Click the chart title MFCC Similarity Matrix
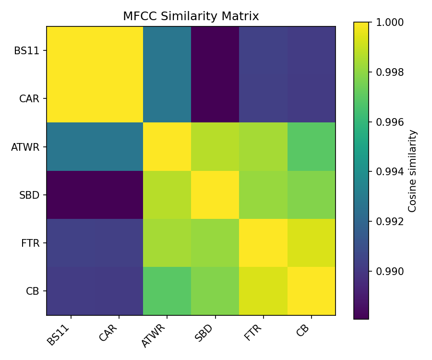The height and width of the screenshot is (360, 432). [x=191, y=16]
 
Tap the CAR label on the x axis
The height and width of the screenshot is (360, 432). [x=108, y=331]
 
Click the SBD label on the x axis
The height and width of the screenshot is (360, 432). [x=204, y=331]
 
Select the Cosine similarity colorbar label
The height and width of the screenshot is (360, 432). [x=413, y=170]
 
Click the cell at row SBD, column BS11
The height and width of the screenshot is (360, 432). [x=71, y=195]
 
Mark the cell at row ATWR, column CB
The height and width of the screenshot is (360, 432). [x=311, y=147]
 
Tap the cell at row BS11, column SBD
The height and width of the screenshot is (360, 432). [x=215, y=50]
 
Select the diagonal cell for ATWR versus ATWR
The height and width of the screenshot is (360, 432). [x=167, y=147]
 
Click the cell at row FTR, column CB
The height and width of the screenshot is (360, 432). [x=311, y=243]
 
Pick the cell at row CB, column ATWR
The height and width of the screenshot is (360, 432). [x=167, y=291]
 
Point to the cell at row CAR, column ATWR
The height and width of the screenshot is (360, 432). [x=167, y=98]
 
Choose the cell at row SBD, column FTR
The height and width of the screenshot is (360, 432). [x=263, y=195]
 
